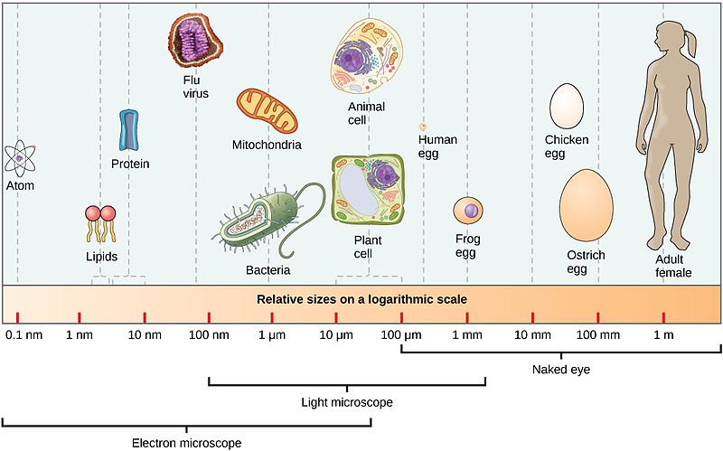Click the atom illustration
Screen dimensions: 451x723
pyautogui.click(x=19, y=158)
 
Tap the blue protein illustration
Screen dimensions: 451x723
pyautogui.click(x=129, y=130)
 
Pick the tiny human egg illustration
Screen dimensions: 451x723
pyautogui.click(x=422, y=127)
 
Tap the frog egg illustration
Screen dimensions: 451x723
pyautogui.click(x=470, y=211)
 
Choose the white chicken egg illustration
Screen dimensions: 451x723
pyautogui.click(x=566, y=107)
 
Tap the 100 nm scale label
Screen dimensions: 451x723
pyautogui.click(x=209, y=335)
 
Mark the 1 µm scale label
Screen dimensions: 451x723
pyautogui.click(x=273, y=335)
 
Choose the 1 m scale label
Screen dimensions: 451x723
pyautogui.click(x=663, y=335)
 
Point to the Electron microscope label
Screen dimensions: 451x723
pyautogui.click(x=186, y=443)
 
